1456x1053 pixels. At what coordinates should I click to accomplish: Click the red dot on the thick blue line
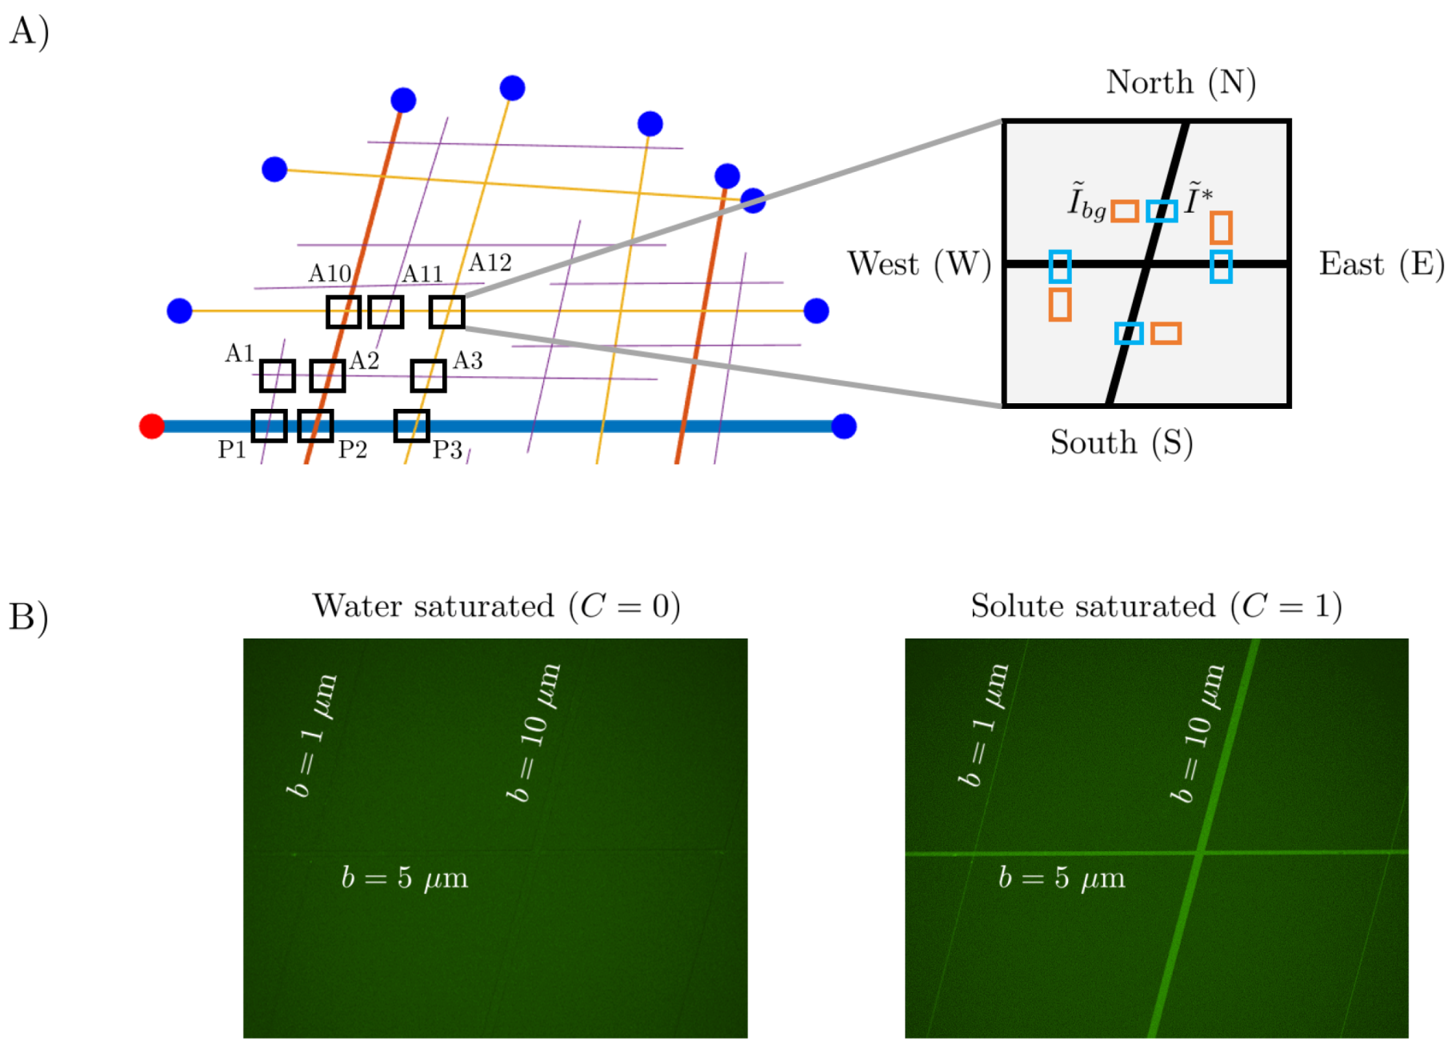coord(151,426)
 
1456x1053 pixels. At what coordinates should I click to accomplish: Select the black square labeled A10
coord(343,311)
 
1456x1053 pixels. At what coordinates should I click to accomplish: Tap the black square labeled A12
coord(446,311)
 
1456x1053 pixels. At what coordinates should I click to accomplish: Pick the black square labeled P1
coord(269,426)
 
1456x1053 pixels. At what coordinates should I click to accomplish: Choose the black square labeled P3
coord(411,426)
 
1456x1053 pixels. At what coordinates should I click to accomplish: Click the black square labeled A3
coord(428,375)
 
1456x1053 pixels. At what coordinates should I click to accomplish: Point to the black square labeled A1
coord(278,375)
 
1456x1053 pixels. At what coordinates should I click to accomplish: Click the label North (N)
coord(1180,82)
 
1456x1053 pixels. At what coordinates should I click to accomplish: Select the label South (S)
coord(1121,442)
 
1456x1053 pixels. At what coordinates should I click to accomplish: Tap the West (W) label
coord(919,264)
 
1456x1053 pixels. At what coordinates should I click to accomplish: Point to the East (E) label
coord(1382,264)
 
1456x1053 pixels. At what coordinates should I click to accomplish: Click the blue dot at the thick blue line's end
coord(844,426)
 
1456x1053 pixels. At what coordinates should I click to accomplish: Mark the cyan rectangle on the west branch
coord(1060,266)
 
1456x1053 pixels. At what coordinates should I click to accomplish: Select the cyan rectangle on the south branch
coord(1129,333)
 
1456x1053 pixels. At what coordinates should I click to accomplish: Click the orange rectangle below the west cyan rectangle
coord(1060,304)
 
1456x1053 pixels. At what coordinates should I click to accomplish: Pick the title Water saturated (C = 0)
coord(496,607)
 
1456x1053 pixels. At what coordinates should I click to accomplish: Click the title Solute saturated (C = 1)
coord(1156,607)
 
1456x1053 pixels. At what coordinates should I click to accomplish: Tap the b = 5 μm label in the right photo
coord(1061,878)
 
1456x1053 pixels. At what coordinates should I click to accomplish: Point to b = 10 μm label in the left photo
coord(534,732)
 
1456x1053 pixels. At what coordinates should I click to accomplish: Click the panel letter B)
coord(29,618)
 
